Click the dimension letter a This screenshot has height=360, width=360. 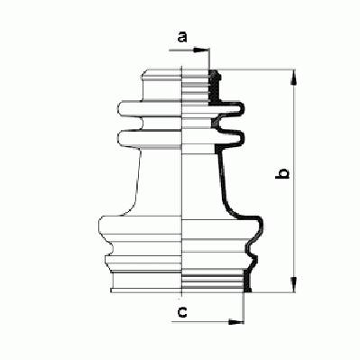[182, 38]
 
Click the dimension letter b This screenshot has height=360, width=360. [282, 174]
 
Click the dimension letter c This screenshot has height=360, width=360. [182, 312]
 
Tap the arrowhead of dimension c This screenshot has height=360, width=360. [236, 322]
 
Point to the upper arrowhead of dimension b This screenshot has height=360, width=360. [294, 77]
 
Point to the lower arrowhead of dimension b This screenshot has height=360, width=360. [294, 284]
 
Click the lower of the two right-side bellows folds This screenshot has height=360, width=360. [231, 137]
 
